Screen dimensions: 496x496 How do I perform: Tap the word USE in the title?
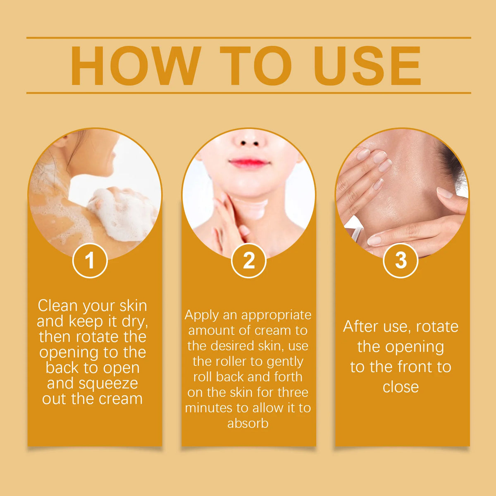(367, 66)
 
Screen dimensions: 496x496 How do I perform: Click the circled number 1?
(90, 260)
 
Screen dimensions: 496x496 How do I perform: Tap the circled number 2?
(249, 260)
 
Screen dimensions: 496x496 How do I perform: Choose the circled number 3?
(401, 260)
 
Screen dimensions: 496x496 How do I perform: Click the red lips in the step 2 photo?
(249, 162)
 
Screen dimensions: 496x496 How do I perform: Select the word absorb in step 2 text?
(248, 423)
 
